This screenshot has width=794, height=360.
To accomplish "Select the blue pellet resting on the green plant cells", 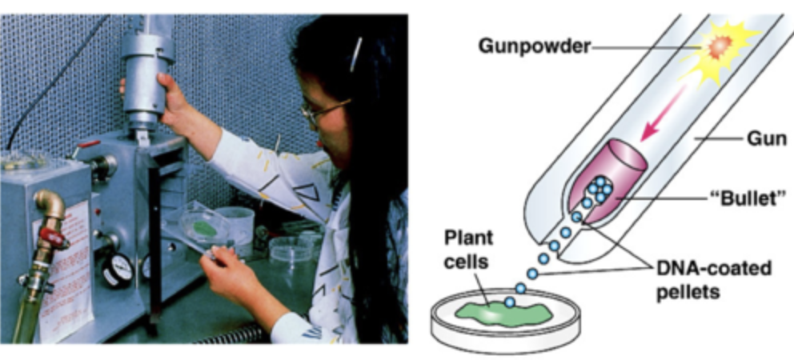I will (x=510, y=302).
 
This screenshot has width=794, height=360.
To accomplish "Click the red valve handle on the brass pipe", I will (x=53, y=236).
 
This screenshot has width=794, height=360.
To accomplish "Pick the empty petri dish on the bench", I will (x=290, y=250).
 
